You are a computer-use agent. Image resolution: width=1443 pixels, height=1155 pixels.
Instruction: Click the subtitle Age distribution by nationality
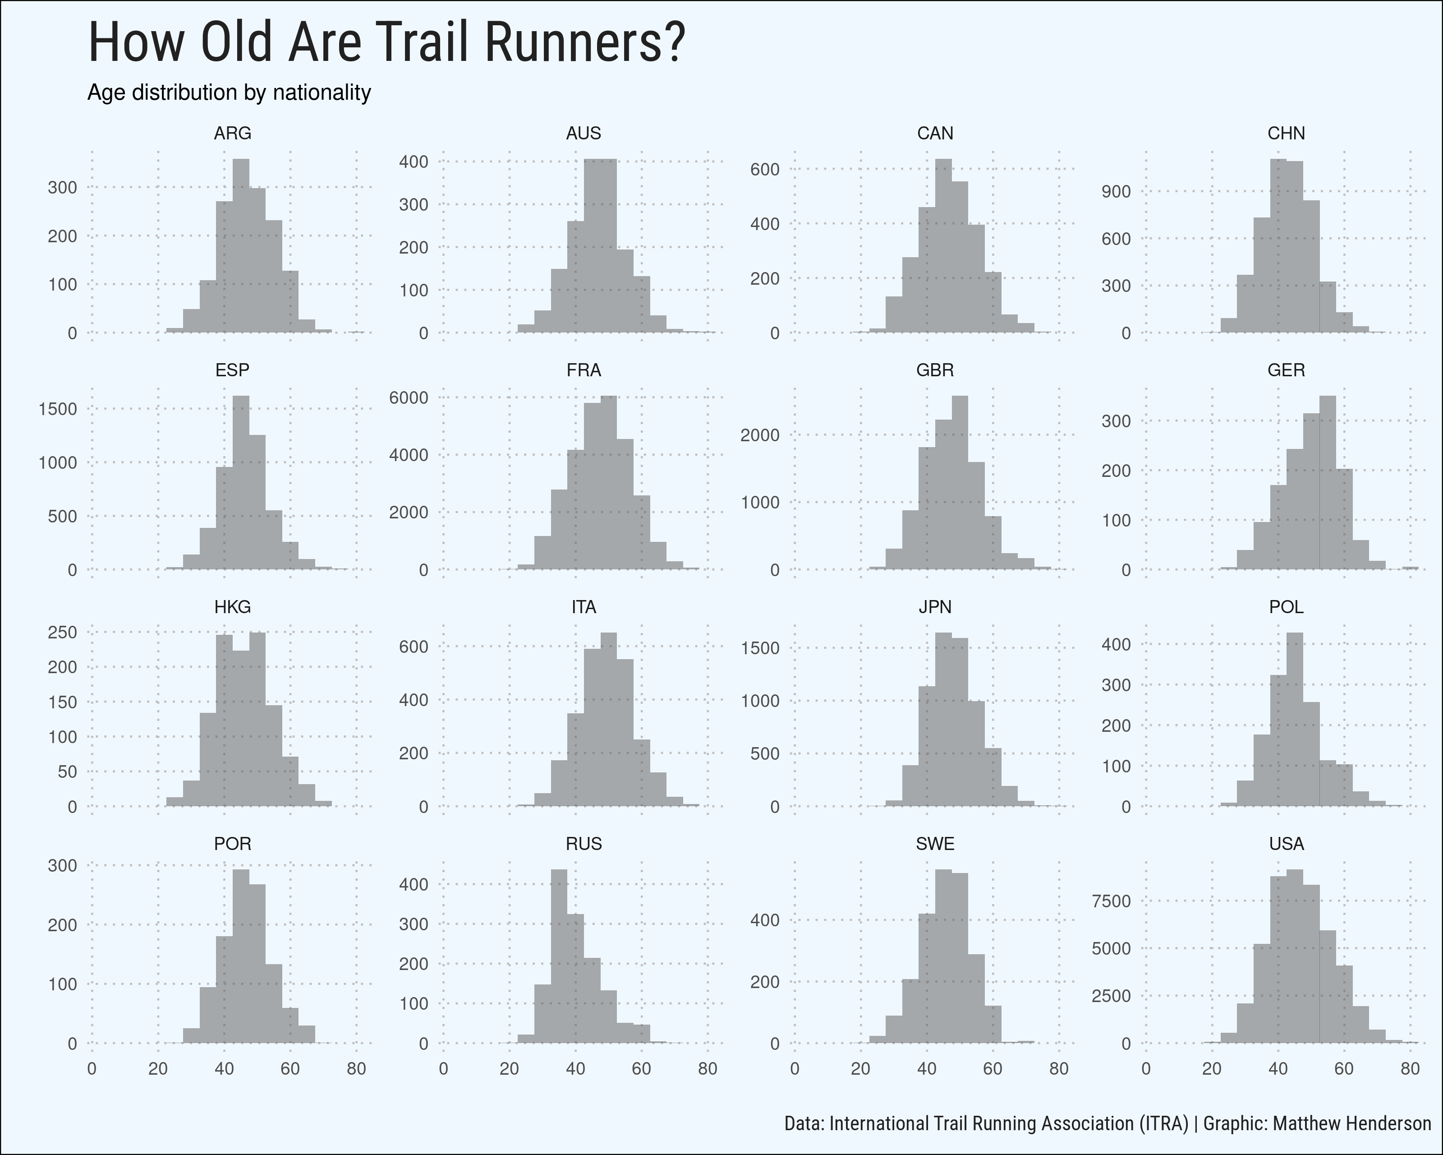[229, 92]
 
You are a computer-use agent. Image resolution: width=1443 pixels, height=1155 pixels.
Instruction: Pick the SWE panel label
[934, 844]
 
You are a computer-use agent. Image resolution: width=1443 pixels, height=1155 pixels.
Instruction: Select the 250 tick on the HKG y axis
[62, 632]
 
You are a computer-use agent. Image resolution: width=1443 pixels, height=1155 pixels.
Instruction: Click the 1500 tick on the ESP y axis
[58, 409]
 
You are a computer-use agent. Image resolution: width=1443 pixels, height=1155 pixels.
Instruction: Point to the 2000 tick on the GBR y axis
[760, 435]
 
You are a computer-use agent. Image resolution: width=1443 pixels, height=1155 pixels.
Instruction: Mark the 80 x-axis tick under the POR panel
[356, 1069]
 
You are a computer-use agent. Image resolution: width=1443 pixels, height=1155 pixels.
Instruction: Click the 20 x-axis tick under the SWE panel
[860, 1069]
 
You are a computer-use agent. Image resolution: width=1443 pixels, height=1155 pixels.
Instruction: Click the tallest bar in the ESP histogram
[241, 482]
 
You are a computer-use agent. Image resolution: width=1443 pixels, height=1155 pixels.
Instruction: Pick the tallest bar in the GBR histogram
[960, 482]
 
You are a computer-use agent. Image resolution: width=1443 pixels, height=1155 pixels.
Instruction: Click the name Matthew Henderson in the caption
[1352, 1123]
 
